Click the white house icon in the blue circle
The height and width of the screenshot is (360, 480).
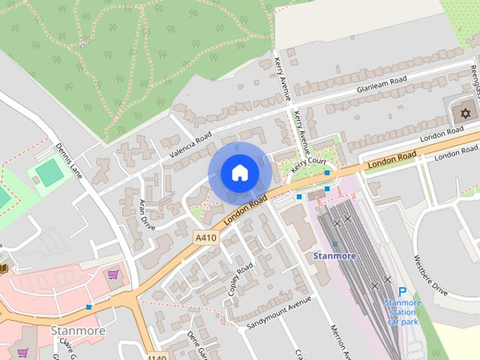tap(239, 173)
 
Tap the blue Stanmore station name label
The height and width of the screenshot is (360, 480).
tap(334, 256)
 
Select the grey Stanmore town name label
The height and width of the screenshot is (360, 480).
tap(77, 330)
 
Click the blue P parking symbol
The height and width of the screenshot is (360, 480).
tap(403, 292)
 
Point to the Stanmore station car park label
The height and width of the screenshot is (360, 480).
tap(403, 311)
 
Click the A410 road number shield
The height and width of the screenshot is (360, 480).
tap(205, 238)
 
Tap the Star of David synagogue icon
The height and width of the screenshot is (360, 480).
tap(465, 113)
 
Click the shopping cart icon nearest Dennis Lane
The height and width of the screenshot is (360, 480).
tap(113, 274)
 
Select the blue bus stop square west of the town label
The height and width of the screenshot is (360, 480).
tap(89, 307)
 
